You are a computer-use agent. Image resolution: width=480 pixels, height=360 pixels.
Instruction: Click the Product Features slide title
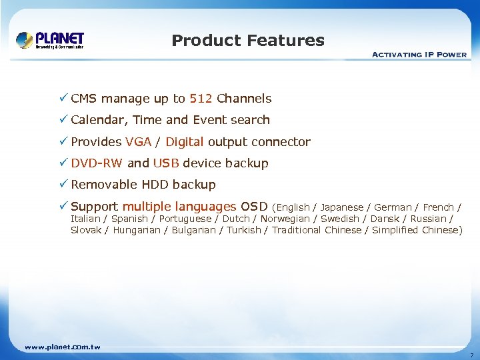248,41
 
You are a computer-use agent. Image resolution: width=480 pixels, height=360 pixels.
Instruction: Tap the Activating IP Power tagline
419,55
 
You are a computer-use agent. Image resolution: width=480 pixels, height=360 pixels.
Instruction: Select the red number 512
201,99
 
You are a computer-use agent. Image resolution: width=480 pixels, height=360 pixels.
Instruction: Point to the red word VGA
138,142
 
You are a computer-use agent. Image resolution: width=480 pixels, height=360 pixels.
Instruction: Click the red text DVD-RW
97,163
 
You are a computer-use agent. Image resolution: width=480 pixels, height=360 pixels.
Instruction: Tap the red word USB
166,163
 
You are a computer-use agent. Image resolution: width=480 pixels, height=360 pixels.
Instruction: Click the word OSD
254,207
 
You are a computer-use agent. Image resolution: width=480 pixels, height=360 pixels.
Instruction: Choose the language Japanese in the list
342,207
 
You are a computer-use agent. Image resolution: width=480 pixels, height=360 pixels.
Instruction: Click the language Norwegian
285,219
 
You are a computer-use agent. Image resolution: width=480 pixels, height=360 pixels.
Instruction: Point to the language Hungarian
137,230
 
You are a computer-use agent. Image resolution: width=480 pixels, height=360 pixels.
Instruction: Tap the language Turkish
244,230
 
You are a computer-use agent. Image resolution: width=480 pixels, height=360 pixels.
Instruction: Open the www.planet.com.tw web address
62,347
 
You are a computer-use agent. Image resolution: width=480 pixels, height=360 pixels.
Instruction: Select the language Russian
429,219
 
